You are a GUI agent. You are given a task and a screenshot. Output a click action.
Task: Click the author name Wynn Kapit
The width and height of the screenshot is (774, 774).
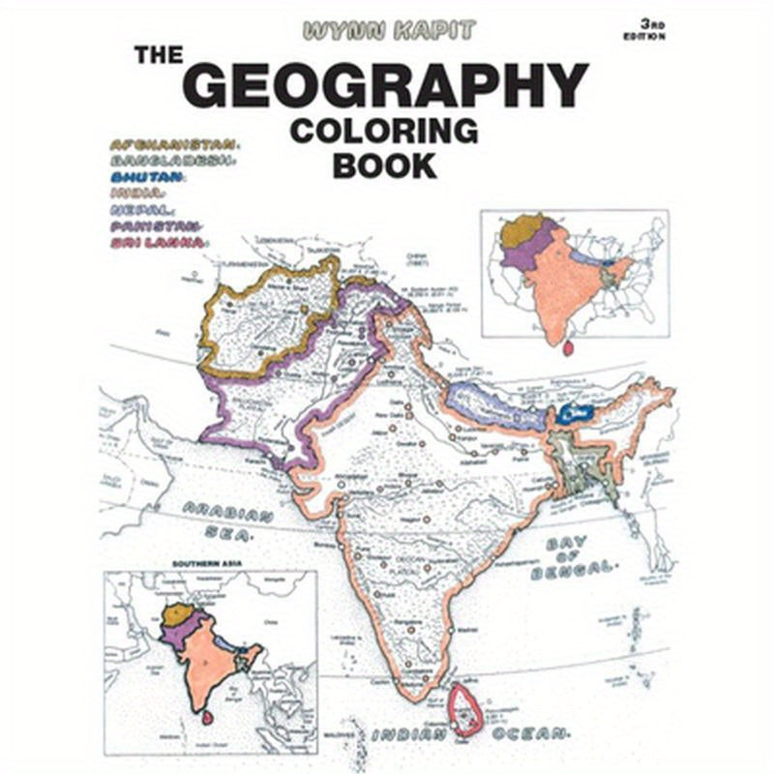[x=389, y=31]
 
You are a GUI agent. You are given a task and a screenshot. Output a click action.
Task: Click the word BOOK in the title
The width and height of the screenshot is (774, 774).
[x=384, y=164]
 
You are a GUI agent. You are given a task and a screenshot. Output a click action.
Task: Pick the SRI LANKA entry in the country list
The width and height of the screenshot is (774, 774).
[x=158, y=242]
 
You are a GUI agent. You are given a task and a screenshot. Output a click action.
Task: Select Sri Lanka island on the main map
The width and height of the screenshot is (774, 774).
[x=469, y=711]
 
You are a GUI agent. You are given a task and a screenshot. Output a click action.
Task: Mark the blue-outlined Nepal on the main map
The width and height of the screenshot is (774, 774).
[x=493, y=403]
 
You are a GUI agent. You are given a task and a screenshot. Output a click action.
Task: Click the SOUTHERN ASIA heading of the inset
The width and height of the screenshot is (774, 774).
[x=209, y=563]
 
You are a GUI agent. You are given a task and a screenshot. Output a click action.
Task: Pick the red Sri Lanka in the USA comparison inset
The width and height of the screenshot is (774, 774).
[x=568, y=344]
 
